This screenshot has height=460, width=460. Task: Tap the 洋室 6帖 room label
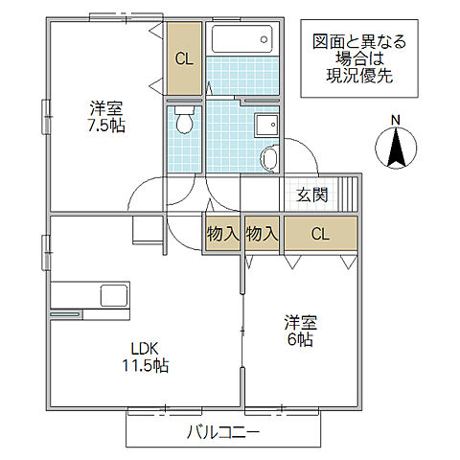(x=299, y=331)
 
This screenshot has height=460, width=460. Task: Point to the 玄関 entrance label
(x=312, y=195)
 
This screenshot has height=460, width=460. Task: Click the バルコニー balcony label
(x=222, y=432)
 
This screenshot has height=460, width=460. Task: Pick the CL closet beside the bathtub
(x=184, y=58)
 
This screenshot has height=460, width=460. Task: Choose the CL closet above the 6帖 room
(x=319, y=233)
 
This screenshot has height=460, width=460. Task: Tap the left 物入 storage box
(x=222, y=233)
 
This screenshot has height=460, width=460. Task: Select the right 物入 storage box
(x=262, y=233)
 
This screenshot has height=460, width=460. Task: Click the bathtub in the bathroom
(x=242, y=40)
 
